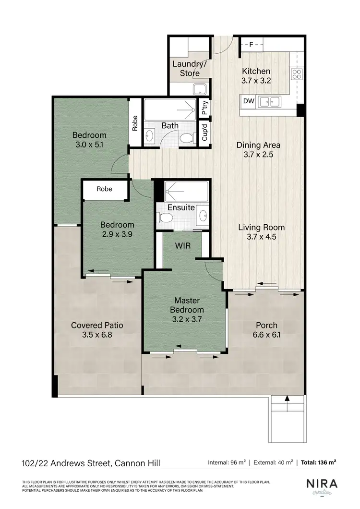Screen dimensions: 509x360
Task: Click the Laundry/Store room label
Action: coord(189,68)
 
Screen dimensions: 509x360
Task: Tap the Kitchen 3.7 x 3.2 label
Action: coord(256,76)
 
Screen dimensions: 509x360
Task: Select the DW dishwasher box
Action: coord(248,101)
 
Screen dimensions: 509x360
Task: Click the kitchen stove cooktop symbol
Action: coord(296,74)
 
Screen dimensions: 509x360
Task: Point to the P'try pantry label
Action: coord(205,109)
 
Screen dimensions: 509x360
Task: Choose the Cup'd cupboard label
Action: coord(205,132)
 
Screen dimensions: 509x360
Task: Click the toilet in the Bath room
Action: coord(186,138)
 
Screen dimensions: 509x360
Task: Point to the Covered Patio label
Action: coord(97,325)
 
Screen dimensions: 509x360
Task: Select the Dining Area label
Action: coord(258,145)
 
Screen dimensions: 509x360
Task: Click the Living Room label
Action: coord(261,227)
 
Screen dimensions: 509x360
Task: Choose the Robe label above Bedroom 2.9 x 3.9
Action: coord(104,189)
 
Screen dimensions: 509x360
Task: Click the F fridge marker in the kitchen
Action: coord(250,45)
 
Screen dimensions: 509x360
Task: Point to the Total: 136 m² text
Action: coord(319,463)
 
